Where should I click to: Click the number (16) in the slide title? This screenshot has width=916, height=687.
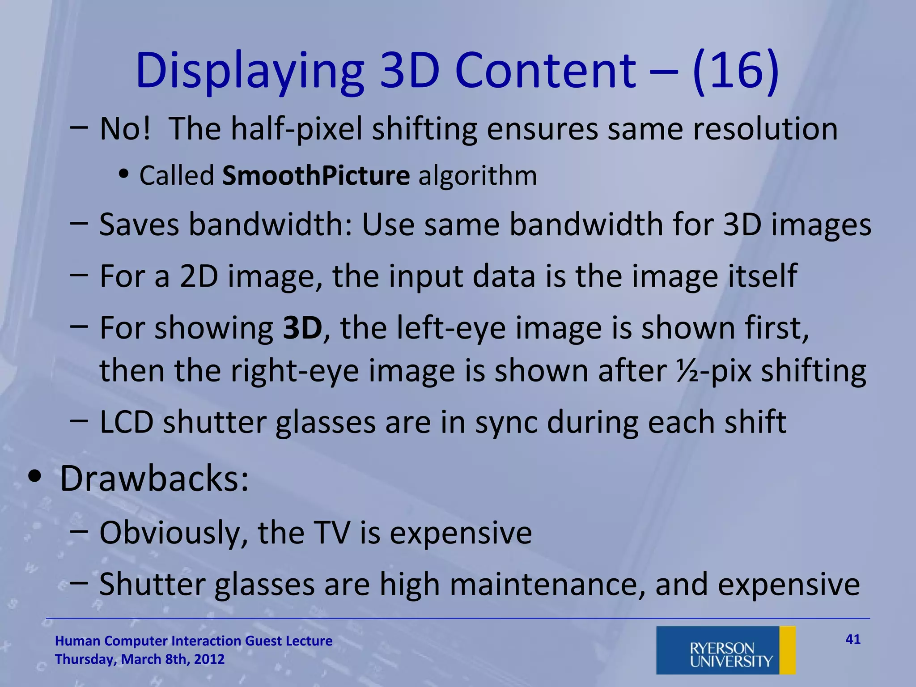[736, 72]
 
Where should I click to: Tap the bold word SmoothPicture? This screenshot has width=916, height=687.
[316, 175]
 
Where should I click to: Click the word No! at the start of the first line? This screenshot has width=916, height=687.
[125, 129]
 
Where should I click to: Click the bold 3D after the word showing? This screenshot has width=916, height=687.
[303, 328]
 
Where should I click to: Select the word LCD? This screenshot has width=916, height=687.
[126, 422]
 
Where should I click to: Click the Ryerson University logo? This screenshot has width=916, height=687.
[725, 650]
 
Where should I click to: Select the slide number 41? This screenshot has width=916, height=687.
[853, 640]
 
